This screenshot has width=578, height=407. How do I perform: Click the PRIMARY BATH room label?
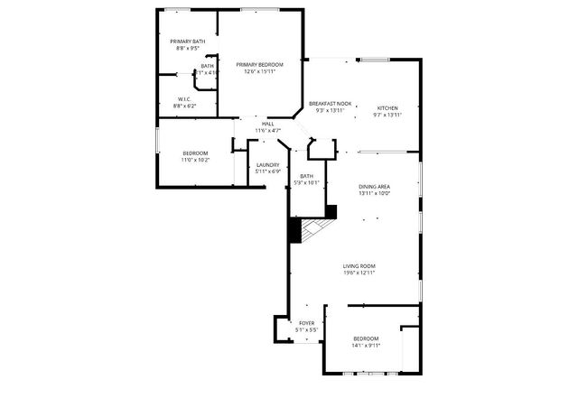tap(187, 42)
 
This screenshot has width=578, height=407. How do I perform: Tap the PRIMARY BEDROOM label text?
tap(259, 65)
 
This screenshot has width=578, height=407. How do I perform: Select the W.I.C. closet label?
tap(183, 99)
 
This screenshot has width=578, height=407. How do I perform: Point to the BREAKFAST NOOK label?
tap(330, 104)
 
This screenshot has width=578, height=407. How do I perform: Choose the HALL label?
tap(267, 124)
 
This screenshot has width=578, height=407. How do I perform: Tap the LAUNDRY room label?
tap(267, 164)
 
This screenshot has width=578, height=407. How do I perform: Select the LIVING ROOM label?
tap(359, 266)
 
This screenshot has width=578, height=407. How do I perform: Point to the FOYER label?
tap(307, 322)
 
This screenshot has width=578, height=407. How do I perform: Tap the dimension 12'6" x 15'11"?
tap(259, 71)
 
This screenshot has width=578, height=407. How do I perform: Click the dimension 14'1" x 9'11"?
tap(366, 345)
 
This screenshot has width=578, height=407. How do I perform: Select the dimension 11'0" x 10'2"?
tap(195, 160)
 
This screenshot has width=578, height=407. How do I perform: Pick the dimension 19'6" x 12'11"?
tap(359, 273)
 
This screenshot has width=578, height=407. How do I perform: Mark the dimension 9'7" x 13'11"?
tap(387, 115)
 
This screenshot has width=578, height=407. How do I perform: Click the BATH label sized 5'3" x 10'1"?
tap(307, 176)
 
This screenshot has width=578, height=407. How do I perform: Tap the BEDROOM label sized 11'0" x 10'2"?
tap(195, 153)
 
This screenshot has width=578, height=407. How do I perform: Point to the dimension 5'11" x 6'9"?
tap(267, 171)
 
